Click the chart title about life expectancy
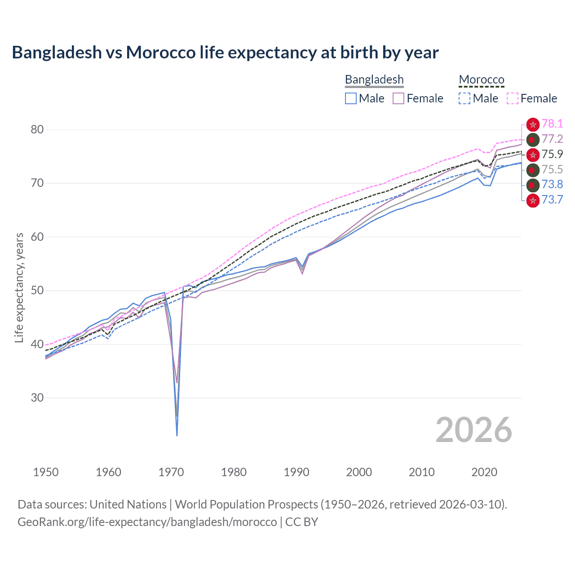tap(225, 53)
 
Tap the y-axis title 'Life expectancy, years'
tap(19, 287)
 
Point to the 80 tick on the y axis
tap(37, 130)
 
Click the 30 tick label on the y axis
tap(37, 398)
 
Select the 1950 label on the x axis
tap(46, 472)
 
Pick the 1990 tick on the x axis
tap(296, 472)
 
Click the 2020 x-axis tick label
tap(484, 472)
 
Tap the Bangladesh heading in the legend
tap(374, 80)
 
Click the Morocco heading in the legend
tap(482, 80)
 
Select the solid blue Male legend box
tap(351, 98)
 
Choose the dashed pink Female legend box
tap(513, 98)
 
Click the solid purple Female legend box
tap(398, 98)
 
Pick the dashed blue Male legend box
tap(465, 98)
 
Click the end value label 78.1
tap(552, 124)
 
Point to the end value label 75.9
tap(552, 155)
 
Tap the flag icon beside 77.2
tap(533, 139)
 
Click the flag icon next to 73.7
tap(533, 200)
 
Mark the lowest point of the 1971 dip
tap(177, 435)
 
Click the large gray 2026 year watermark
tap(473, 430)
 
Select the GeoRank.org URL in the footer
tap(147, 522)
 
